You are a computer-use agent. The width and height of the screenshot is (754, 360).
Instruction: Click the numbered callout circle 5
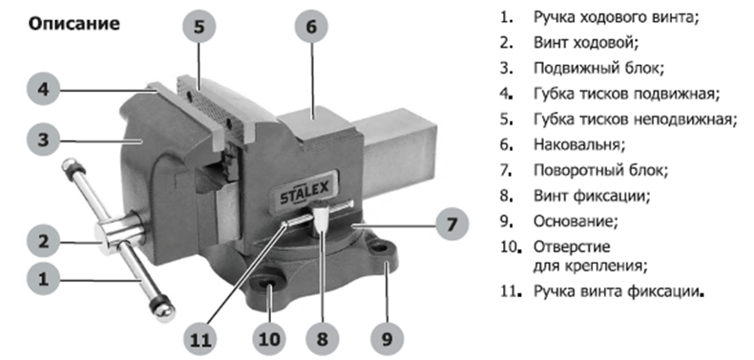click(x=199, y=27)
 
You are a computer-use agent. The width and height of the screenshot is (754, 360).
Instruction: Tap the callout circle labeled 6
click(x=311, y=27)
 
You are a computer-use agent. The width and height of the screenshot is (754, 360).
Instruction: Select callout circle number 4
click(x=43, y=90)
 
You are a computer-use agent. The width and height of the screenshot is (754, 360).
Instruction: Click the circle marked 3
click(x=43, y=140)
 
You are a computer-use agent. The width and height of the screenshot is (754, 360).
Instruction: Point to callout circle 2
click(x=43, y=242)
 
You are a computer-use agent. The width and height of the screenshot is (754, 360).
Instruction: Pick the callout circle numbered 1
click(x=43, y=279)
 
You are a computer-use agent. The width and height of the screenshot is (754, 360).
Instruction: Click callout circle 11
click(x=200, y=338)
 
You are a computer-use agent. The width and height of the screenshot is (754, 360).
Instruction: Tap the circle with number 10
click(x=269, y=338)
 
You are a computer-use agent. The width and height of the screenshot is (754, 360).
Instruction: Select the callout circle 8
click(x=323, y=338)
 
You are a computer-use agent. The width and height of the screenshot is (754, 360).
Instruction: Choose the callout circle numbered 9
click(x=387, y=338)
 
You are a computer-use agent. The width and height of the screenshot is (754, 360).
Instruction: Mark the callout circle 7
click(x=451, y=224)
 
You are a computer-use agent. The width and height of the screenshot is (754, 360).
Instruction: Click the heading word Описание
click(x=74, y=24)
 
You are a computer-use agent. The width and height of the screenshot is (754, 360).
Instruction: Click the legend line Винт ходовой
click(x=586, y=42)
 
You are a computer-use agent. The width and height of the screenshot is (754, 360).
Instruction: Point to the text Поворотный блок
click(x=601, y=170)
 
